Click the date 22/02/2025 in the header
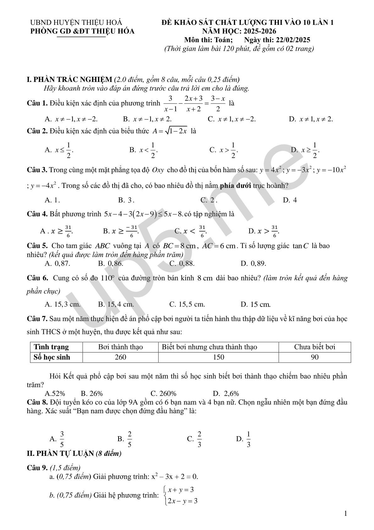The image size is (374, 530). pyautogui.click(x=293, y=40)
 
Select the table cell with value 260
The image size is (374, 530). pyautogui.click(x=120, y=357)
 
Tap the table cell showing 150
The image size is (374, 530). pyautogui.click(x=218, y=357)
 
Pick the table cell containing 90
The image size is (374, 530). pyautogui.click(x=314, y=357)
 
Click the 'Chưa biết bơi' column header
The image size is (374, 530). pyautogui.click(x=314, y=347)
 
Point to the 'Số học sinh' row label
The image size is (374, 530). pyautogui.click(x=52, y=357)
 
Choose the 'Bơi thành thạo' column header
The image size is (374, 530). pyautogui.click(x=120, y=347)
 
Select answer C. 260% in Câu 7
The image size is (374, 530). pyautogui.click(x=163, y=393)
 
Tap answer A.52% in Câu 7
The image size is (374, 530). pyautogui.click(x=55, y=393)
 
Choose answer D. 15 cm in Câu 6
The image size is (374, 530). pyautogui.click(x=256, y=304)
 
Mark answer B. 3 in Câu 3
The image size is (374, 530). pyautogui.click(x=126, y=200)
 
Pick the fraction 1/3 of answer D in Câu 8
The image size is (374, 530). pyautogui.click(x=248, y=439)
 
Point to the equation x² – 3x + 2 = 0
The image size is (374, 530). pyautogui.click(x=174, y=476)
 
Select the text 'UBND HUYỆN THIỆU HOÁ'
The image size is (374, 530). pyautogui.click(x=76, y=22)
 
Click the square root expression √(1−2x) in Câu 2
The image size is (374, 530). pyautogui.click(x=178, y=131)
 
